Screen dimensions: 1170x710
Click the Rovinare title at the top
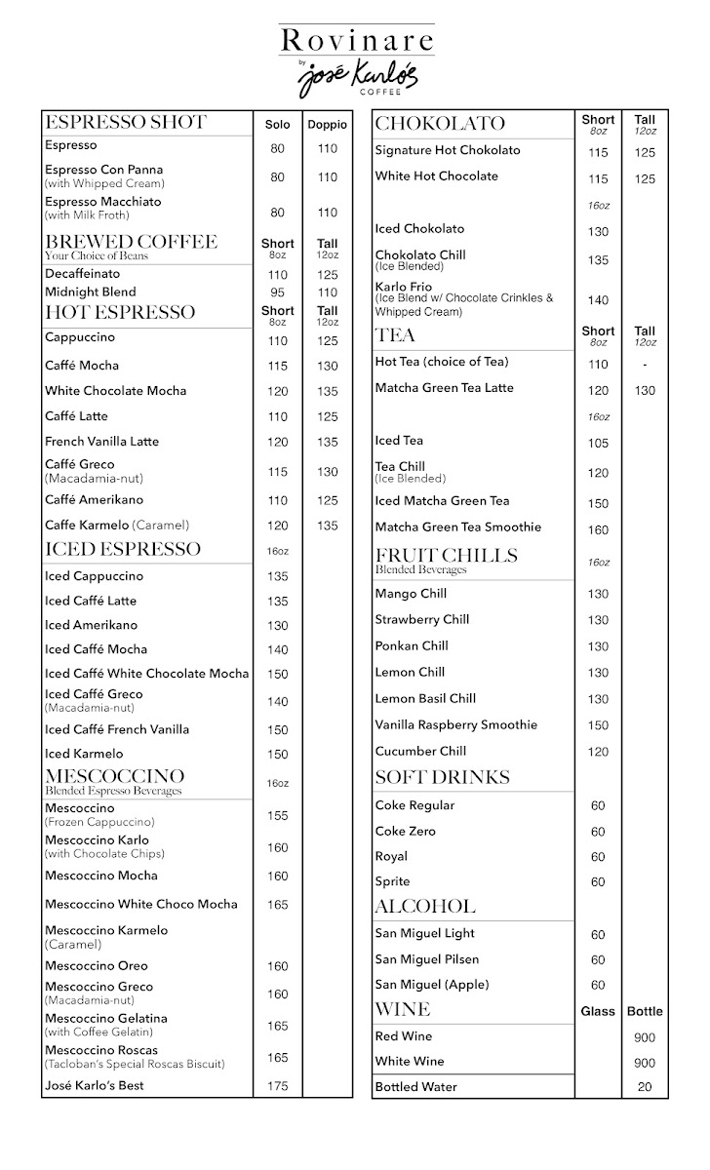click(355, 40)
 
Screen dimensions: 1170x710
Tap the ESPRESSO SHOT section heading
click(126, 123)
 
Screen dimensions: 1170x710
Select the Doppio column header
click(327, 125)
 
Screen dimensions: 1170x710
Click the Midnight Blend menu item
click(91, 292)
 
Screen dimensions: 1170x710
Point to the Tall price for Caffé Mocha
click(327, 366)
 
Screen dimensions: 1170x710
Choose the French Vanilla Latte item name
click(101, 441)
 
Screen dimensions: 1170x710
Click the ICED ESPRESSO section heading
click(123, 549)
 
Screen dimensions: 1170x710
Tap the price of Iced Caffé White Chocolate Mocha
click(277, 675)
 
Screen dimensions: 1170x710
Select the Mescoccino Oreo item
click(97, 965)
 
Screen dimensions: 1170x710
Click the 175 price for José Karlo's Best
click(277, 1086)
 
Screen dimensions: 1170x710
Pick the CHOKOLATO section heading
click(440, 124)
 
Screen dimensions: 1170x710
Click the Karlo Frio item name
click(404, 287)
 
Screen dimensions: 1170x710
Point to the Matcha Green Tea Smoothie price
click(598, 530)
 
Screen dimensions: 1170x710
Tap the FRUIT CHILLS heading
click(446, 556)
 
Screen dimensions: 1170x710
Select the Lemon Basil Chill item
click(425, 698)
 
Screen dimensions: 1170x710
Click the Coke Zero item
click(406, 831)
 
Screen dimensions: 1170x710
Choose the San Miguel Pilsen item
click(427, 958)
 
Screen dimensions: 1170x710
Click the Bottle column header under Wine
click(645, 1011)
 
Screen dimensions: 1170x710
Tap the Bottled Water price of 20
click(645, 1087)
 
